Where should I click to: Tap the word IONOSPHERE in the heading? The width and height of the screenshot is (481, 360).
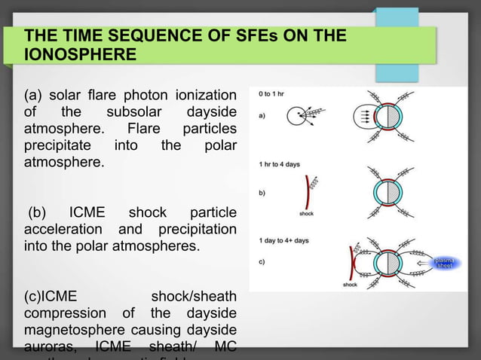click(81, 55)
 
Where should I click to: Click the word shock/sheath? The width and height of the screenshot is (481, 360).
click(194, 297)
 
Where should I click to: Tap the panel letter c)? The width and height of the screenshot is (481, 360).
click(261, 261)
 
